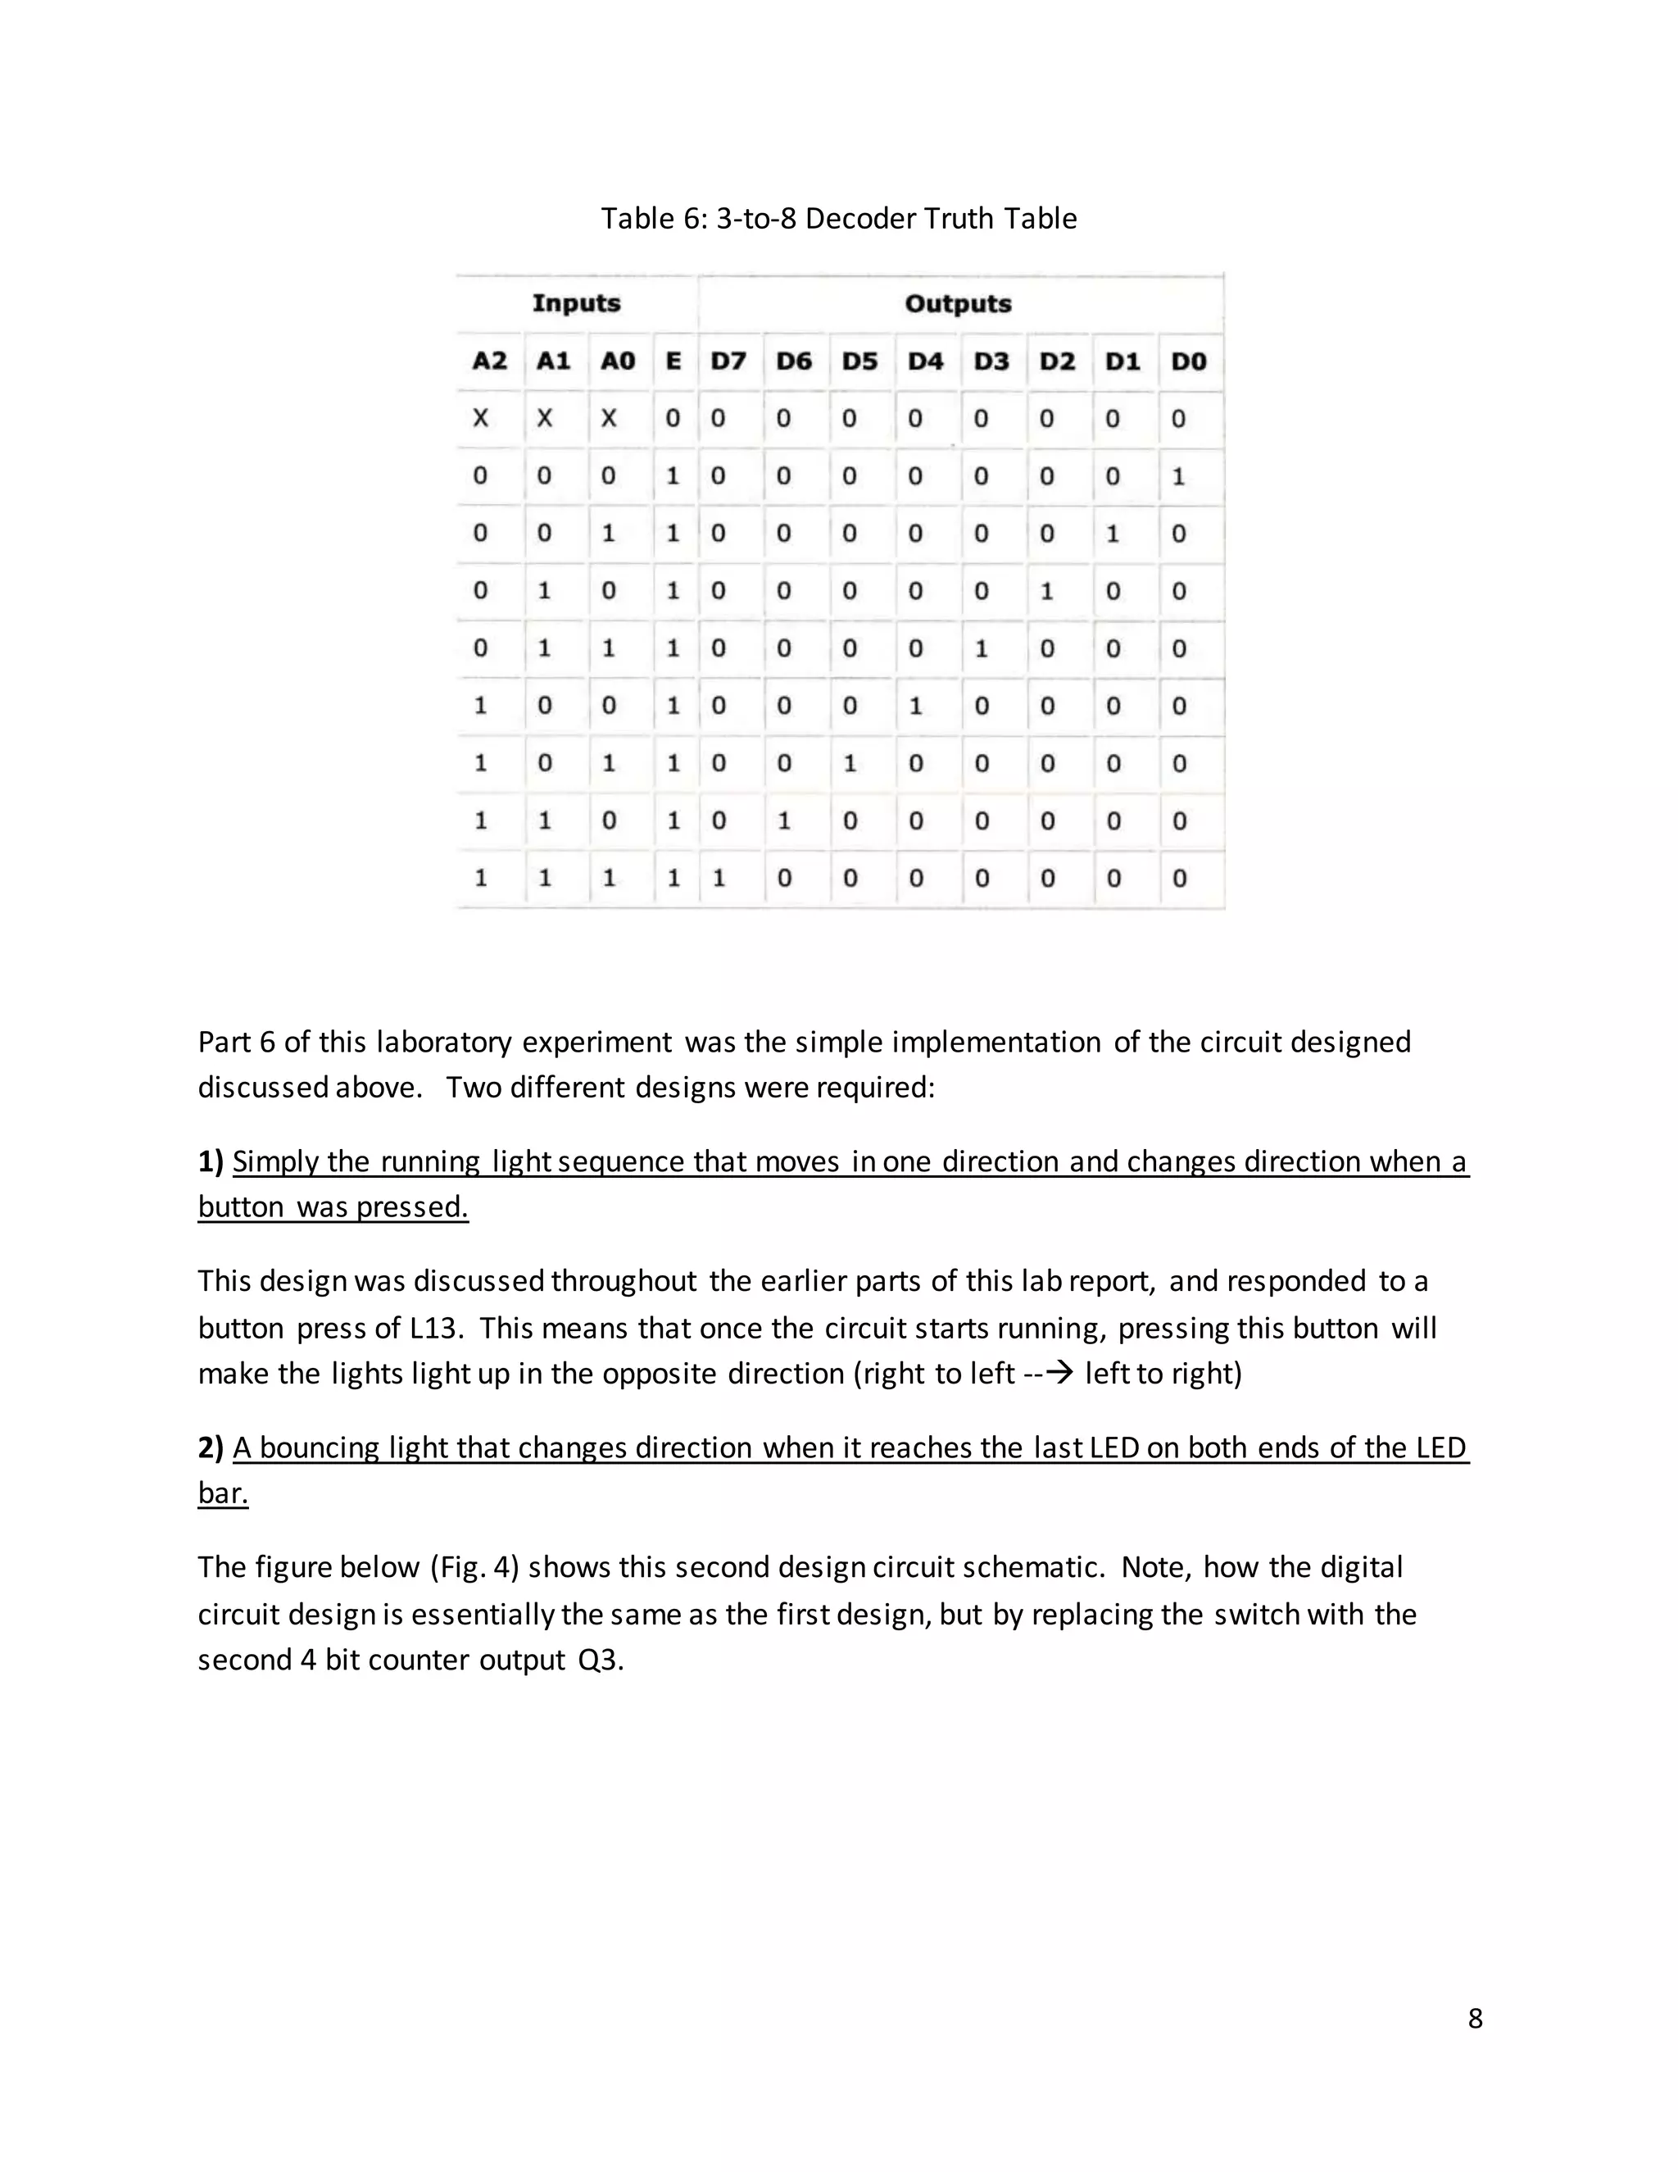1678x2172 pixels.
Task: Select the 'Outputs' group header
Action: pos(957,303)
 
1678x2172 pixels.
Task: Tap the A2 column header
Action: pos(489,361)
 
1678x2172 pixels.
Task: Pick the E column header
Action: pos(673,361)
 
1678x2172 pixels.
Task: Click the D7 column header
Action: pos(728,361)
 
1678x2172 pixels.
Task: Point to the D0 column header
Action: pos(1188,361)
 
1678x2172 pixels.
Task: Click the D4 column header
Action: pos(924,361)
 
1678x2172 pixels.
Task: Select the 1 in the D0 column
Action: pos(1179,476)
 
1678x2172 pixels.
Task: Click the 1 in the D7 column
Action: pos(719,878)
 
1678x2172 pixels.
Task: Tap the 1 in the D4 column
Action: pos(915,706)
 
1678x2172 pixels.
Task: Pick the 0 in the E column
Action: pos(673,419)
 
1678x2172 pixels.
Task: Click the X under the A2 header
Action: pos(481,419)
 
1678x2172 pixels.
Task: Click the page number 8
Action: pos(1475,2018)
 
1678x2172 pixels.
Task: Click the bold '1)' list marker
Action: pos(211,1161)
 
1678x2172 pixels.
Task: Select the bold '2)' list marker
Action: pos(211,1448)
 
